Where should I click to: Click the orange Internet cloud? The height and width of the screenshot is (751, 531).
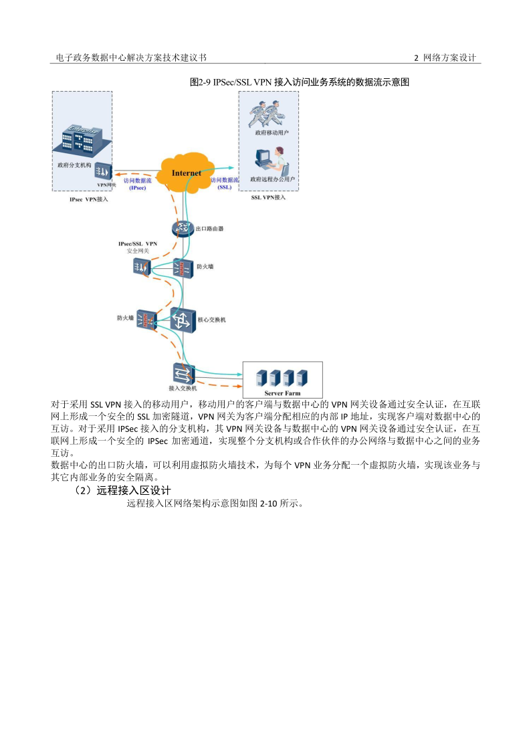pyautogui.click(x=186, y=173)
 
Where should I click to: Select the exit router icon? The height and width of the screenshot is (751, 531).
pyautogui.click(x=181, y=229)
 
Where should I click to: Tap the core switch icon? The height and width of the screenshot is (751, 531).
pyautogui.click(x=182, y=320)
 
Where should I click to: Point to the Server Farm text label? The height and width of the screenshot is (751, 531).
pyautogui.click(x=282, y=393)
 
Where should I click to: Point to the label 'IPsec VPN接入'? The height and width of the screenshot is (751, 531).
pyautogui.click(x=88, y=199)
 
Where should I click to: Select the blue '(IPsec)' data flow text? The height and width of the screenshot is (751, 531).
pyautogui.click(x=137, y=188)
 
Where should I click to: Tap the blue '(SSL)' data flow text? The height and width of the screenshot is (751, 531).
pyautogui.click(x=225, y=188)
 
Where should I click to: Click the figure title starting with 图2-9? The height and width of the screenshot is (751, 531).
pyautogui.click(x=300, y=82)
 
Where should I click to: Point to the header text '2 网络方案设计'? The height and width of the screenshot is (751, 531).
pyautogui.click(x=445, y=58)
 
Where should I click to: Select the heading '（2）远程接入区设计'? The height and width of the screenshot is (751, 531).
pyautogui.click(x=124, y=490)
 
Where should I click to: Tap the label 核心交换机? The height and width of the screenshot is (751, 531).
pyautogui.click(x=211, y=320)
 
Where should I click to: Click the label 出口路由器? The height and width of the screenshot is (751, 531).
pyautogui.click(x=209, y=229)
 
